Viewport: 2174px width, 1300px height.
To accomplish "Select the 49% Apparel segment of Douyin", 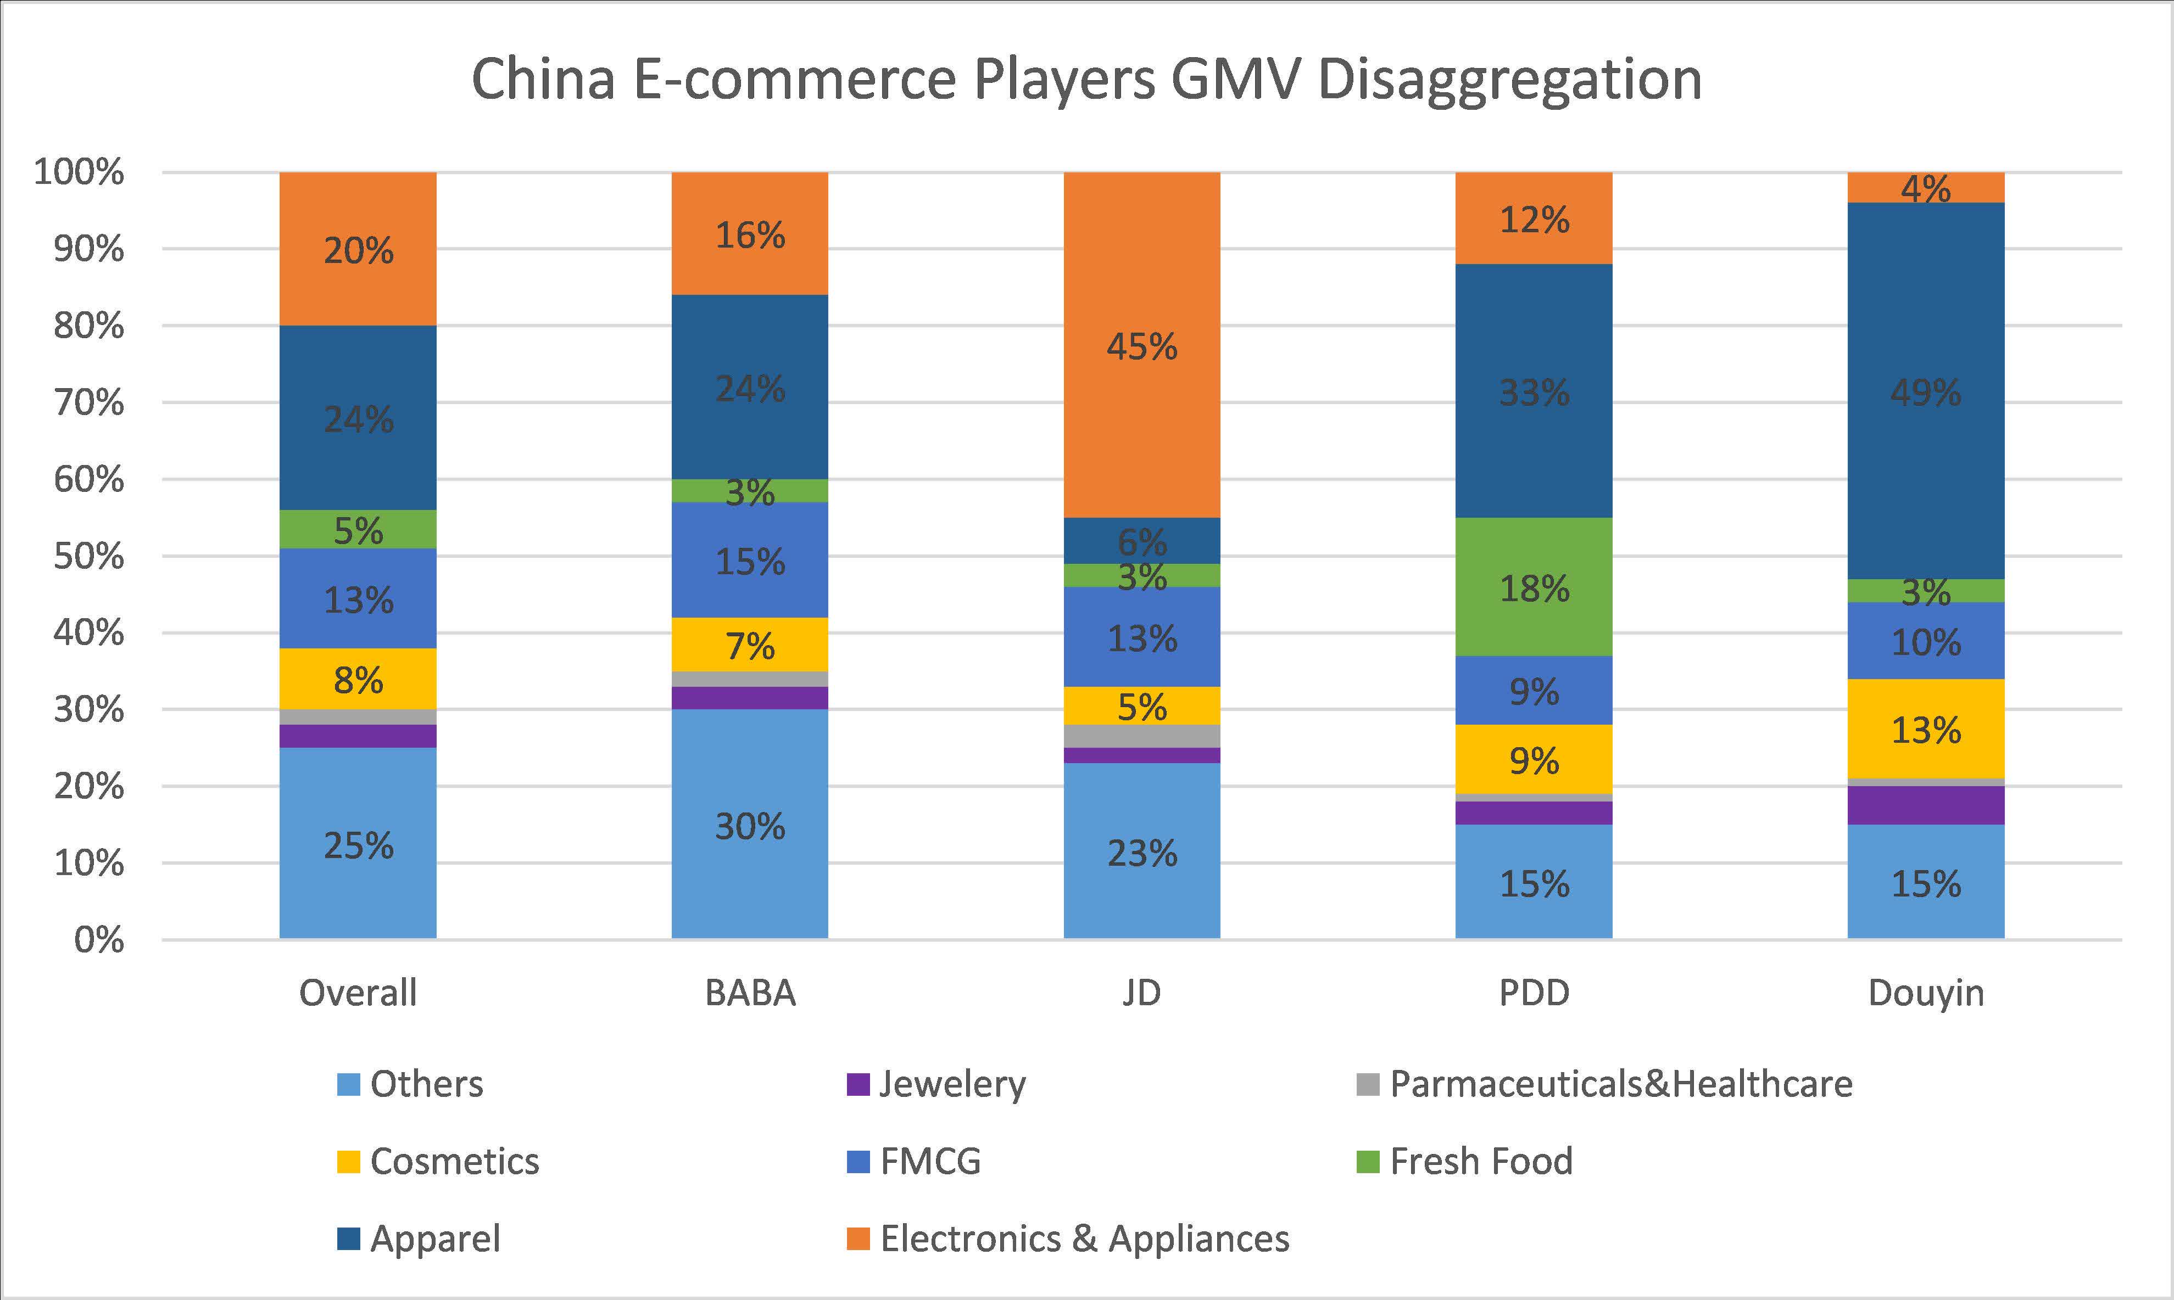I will [1925, 391].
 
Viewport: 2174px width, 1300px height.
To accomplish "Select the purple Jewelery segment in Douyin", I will [1925, 804].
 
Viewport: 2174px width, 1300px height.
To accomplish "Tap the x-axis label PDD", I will [1534, 993].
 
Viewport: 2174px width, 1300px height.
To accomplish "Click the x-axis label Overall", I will [358, 993].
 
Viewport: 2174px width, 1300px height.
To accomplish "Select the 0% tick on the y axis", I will [98, 940].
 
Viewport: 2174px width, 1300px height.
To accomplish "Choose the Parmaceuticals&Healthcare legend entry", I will [1620, 1084].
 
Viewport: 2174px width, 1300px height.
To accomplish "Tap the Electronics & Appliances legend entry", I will [1084, 1238].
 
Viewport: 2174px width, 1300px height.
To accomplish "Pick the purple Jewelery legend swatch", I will [858, 1084].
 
